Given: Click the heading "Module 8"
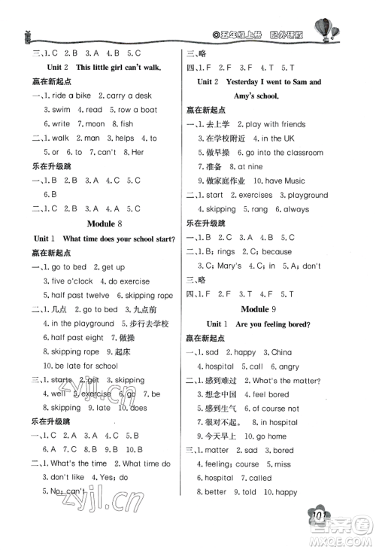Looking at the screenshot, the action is click(97, 223).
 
